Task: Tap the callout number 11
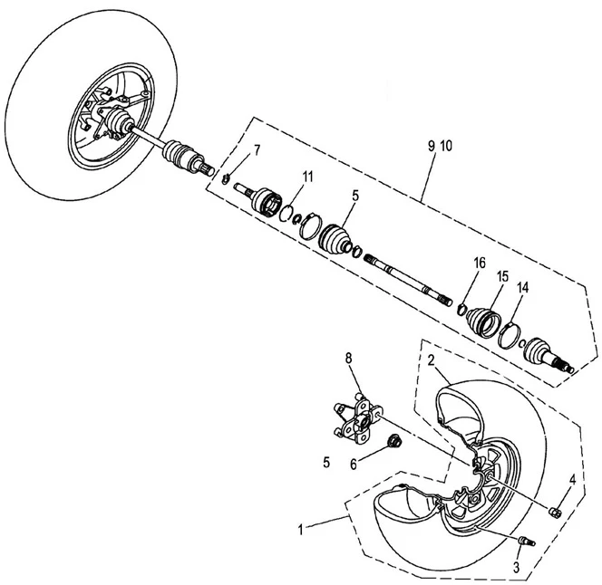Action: click(x=307, y=176)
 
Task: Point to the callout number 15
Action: click(x=501, y=275)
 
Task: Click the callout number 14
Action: click(x=522, y=287)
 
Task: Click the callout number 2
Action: click(x=432, y=360)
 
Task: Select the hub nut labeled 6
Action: click(x=394, y=442)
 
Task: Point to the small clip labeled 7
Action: click(x=227, y=177)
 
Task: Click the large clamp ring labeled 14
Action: click(x=510, y=335)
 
